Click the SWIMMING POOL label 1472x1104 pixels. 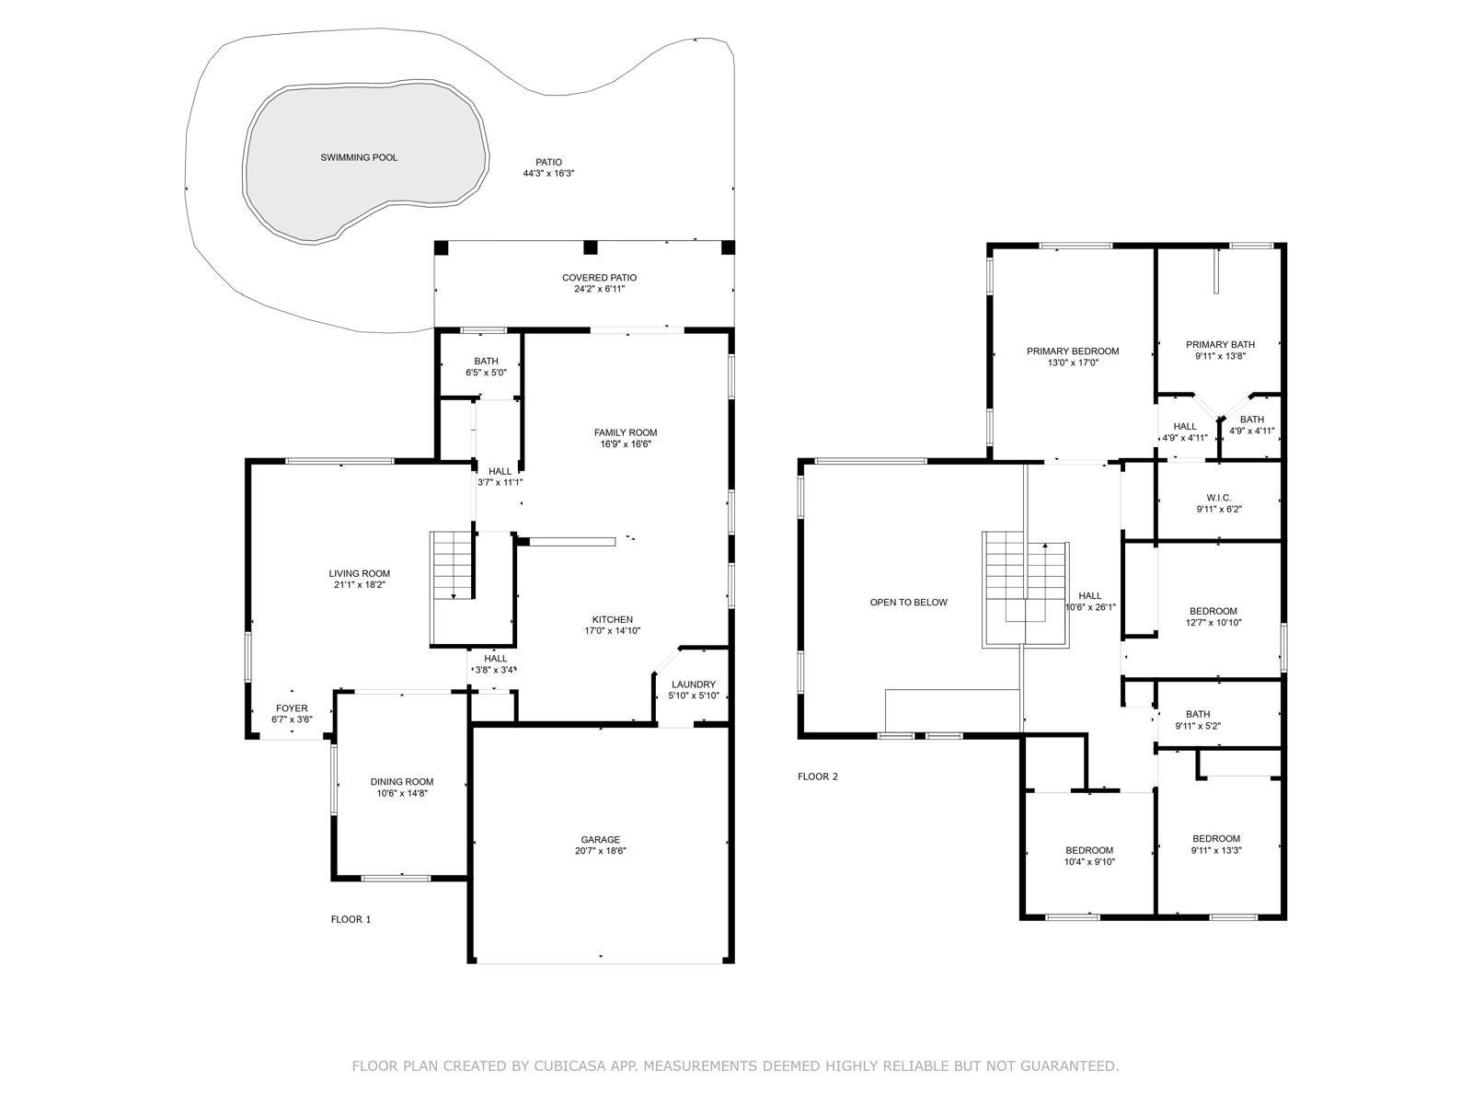pos(359,157)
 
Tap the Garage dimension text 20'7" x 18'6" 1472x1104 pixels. pos(600,851)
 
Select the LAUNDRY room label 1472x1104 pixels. pos(694,684)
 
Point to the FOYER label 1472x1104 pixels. pos(292,707)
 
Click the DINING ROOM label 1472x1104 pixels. pos(402,782)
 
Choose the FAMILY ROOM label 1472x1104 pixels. pos(626,432)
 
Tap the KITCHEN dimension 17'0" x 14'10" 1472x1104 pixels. pos(613,631)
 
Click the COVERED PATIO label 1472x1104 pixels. pos(600,278)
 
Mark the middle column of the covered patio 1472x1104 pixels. pos(590,247)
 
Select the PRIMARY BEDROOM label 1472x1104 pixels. pos(1073,351)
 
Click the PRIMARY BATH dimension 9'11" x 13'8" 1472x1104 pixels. pos(1220,356)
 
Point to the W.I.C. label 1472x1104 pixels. pos(1218,498)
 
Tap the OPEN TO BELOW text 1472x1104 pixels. pos(909,603)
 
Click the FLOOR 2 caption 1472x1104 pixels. pos(818,776)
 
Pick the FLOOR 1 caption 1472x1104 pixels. pos(351,920)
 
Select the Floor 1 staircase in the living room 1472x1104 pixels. pos(454,567)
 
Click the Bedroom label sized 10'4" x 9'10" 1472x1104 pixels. pos(1090,851)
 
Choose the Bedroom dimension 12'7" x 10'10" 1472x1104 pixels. pos(1213,622)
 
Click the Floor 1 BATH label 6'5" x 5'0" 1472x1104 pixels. pos(486,362)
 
